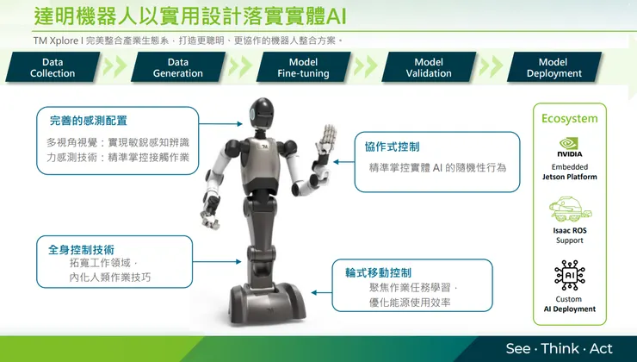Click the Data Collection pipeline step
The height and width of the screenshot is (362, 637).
click(x=52, y=67)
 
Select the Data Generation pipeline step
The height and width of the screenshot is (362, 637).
click(x=178, y=67)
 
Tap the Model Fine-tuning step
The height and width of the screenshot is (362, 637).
click(x=303, y=67)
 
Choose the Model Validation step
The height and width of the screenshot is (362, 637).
click(x=429, y=67)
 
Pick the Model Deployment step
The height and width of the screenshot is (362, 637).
click(x=553, y=67)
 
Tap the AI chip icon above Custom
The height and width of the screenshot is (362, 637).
click(x=569, y=275)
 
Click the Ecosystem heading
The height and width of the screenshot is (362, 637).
click(x=569, y=118)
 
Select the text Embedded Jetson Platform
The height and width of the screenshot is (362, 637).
click(x=569, y=172)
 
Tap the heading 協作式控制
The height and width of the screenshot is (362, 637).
click(x=392, y=147)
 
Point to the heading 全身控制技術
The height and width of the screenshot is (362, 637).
click(x=81, y=250)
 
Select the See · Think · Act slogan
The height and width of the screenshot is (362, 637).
click(x=559, y=348)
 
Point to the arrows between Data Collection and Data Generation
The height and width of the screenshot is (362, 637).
click(x=114, y=67)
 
